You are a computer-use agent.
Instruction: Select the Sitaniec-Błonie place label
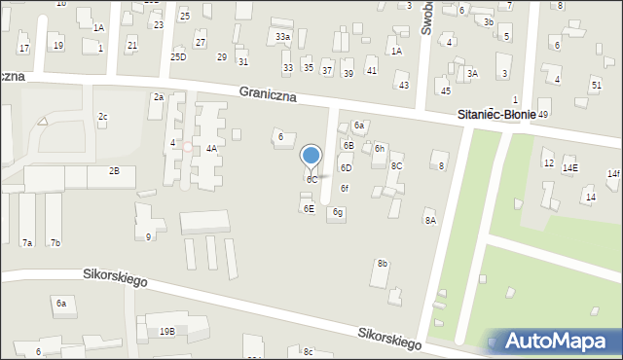click(x=496, y=115)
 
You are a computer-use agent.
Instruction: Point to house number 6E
click(x=309, y=209)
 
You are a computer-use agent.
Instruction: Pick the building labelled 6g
click(x=338, y=212)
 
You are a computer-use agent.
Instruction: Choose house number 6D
click(x=346, y=168)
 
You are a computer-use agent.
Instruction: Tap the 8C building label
click(x=396, y=166)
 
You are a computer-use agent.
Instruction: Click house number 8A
click(x=430, y=221)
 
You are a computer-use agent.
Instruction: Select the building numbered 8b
click(x=383, y=264)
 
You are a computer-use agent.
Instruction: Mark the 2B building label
click(x=114, y=171)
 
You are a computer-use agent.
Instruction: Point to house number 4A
click(x=211, y=149)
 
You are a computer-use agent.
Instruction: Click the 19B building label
click(x=167, y=332)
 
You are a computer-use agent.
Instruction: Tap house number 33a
click(x=282, y=37)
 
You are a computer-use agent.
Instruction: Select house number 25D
click(x=178, y=57)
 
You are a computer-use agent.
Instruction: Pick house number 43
click(x=404, y=86)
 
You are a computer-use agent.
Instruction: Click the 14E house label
click(x=569, y=168)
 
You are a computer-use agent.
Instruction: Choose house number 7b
click(x=55, y=242)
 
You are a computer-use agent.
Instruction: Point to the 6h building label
click(x=380, y=149)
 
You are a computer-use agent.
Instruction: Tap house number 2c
click(x=102, y=117)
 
